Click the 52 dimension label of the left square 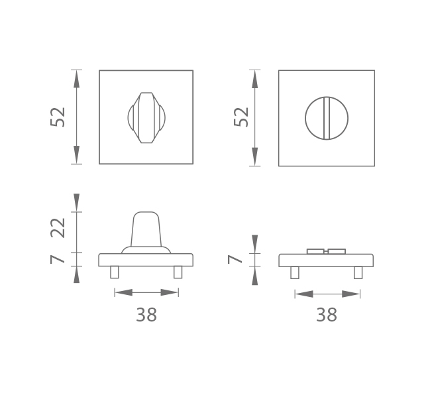[x=58, y=117]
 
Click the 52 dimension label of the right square [x=241, y=117]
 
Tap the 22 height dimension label [x=58, y=228]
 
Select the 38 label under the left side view [x=146, y=315]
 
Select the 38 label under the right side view [x=327, y=315]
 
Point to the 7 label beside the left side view [x=58, y=260]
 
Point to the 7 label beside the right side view [x=235, y=260]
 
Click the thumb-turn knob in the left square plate [x=146, y=118]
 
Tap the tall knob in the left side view [x=146, y=230]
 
